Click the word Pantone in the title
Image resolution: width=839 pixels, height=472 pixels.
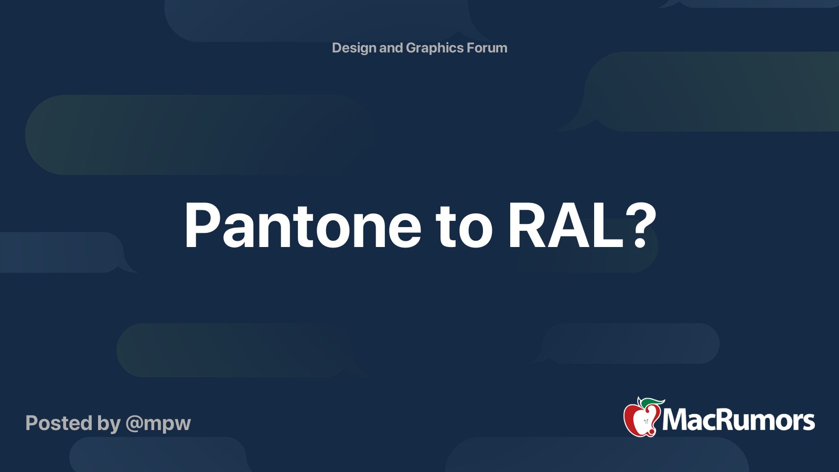coord(303,226)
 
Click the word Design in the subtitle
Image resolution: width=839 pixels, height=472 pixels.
coord(354,48)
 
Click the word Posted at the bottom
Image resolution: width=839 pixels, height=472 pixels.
coord(59,423)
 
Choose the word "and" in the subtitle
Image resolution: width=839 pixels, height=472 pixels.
coord(391,48)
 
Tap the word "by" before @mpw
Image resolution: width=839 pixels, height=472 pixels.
coord(109,424)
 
